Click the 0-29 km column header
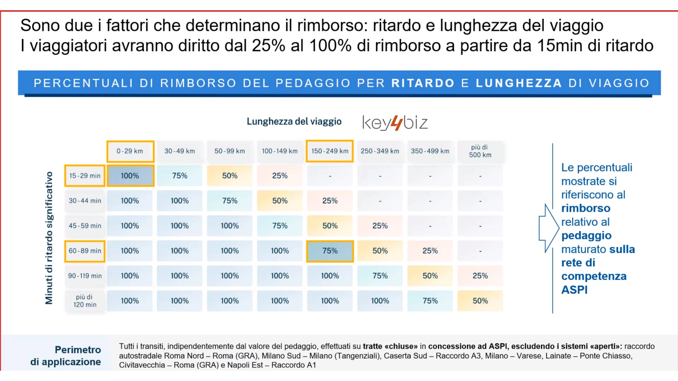[x=130, y=151]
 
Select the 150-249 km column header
[x=330, y=151]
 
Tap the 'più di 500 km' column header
[x=480, y=151]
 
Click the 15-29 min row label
[x=85, y=176]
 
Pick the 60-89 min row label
[x=85, y=251]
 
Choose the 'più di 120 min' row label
[x=85, y=301]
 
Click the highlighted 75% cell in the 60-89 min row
[x=330, y=251]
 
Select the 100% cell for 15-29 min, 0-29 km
[x=130, y=176]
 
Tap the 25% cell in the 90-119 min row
[x=480, y=276]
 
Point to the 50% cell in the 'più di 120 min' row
[x=480, y=301]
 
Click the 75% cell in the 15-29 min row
[x=180, y=176]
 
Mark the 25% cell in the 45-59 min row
[x=380, y=226]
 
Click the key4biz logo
[x=395, y=123]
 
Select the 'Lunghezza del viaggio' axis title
[x=294, y=122]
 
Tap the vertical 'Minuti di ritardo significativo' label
[x=49, y=238]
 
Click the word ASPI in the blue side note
[x=575, y=290]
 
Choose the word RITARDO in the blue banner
[x=423, y=83]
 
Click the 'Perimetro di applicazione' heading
[x=66, y=356]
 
